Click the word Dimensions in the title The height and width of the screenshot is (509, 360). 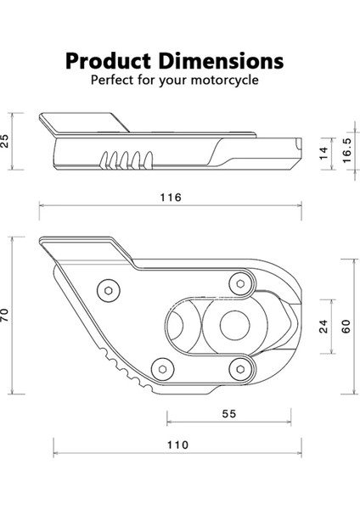[225, 62]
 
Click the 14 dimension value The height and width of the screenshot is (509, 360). [323, 153]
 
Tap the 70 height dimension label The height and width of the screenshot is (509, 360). [7, 316]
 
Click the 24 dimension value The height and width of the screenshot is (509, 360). [323, 327]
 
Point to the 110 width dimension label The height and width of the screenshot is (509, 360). [177, 445]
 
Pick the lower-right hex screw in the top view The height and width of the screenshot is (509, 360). [241, 366]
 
